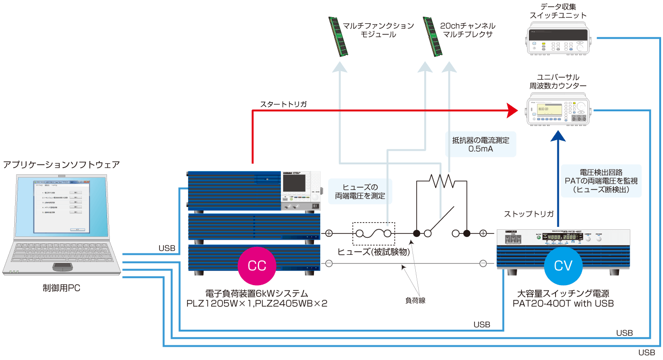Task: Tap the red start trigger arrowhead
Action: [x=512, y=110]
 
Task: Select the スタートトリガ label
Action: [x=284, y=103]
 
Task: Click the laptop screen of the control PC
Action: [x=61, y=207]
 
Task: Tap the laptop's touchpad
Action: [x=63, y=266]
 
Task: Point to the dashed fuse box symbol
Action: [x=373, y=233]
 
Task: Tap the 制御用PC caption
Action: [x=61, y=288]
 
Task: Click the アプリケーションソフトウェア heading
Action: [x=61, y=165]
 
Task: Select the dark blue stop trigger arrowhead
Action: [x=558, y=136]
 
